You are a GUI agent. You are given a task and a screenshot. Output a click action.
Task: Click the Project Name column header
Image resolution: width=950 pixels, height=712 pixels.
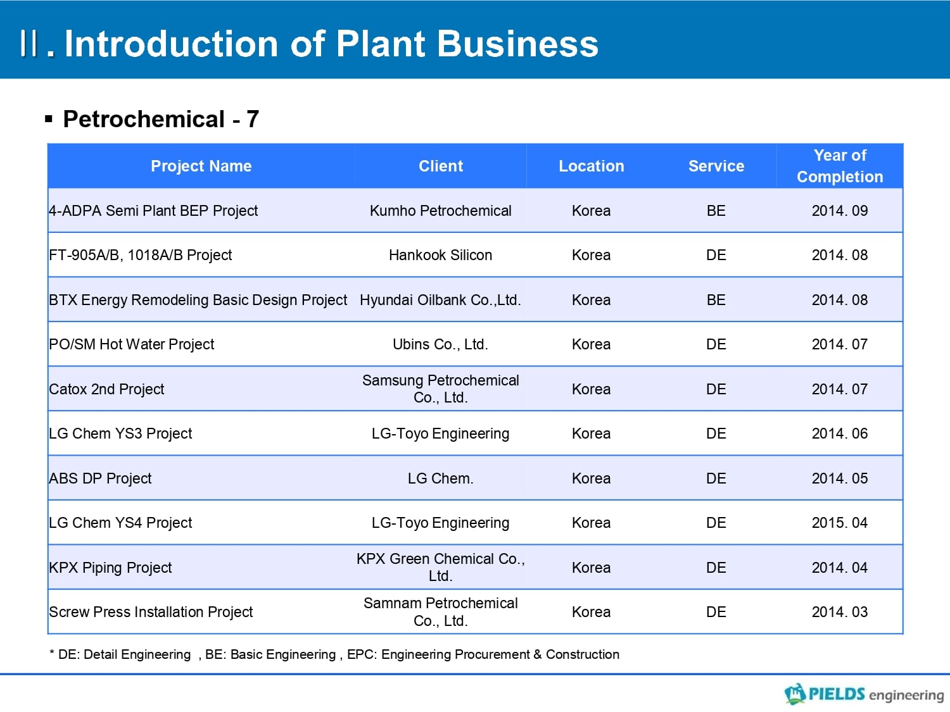pos(201,166)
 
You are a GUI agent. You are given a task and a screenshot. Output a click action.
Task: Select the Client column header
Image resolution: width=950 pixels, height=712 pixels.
pos(441,166)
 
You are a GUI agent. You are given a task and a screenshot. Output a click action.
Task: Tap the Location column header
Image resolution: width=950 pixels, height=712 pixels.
pos(591,166)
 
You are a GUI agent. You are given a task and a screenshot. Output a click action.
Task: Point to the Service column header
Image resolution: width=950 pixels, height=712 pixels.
pos(716,166)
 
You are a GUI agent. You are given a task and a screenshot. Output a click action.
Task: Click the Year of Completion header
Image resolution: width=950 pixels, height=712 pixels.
pos(840,166)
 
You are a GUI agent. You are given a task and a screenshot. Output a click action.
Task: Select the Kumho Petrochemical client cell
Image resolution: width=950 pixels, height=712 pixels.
pos(441,211)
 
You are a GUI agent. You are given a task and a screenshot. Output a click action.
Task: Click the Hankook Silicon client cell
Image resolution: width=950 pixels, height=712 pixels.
pos(441,255)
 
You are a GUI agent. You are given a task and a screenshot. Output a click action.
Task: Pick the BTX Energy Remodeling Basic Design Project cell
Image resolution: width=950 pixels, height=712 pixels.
pos(198,300)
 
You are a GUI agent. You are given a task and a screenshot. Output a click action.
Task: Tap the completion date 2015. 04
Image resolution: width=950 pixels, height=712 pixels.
pos(840,523)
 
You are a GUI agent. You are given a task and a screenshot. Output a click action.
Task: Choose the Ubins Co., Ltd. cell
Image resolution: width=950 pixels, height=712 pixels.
pos(441,344)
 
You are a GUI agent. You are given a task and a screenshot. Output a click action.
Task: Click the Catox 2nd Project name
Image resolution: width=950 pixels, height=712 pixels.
pos(106,389)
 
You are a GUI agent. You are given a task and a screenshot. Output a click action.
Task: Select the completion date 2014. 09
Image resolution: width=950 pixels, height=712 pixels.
pos(840,211)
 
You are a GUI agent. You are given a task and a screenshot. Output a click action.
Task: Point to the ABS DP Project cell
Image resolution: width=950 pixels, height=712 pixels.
pos(100,478)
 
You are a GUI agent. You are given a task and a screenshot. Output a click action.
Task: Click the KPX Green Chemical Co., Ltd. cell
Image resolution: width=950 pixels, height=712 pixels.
pos(441,567)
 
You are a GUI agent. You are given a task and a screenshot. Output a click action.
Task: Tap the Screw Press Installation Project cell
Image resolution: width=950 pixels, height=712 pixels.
pos(151,612)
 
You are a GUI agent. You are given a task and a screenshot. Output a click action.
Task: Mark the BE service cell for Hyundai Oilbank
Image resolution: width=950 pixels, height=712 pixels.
pos(716,300)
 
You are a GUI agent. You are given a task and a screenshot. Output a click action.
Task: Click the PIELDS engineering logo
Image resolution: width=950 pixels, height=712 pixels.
pos(864,694)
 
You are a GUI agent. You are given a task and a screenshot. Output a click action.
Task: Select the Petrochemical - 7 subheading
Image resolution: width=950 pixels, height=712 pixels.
pos(161,120)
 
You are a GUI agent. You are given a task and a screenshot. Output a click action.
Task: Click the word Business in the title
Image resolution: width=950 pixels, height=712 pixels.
pos(517,44)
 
